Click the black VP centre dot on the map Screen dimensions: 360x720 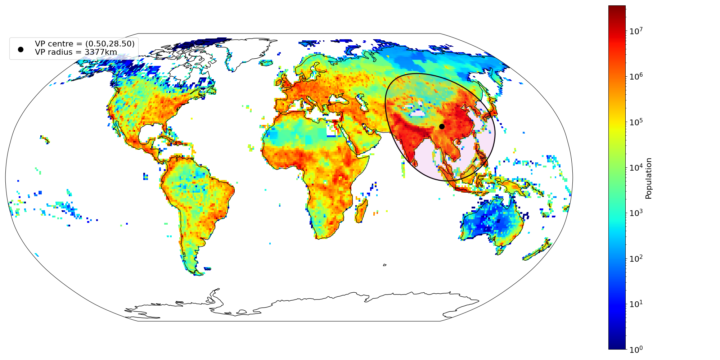coord(442,126)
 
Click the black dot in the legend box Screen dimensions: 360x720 coord(21,49)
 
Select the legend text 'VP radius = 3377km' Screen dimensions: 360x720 coord(76,52)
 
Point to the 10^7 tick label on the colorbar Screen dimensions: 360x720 coord(636,31)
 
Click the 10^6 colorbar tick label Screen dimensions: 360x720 coord(636,77)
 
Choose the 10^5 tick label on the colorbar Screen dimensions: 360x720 coord(636,122)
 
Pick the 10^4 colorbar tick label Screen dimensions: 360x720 coord(636,168)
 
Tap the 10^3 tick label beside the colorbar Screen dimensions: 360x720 coord(636,213)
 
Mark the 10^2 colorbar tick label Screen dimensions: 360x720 coord(636,259)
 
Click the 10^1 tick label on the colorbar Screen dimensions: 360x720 coord(636,304)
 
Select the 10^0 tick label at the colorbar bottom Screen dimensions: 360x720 coord(636,350)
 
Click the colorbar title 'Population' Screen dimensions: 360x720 coord(649,179)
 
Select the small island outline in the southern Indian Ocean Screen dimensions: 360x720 coord(384,265)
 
